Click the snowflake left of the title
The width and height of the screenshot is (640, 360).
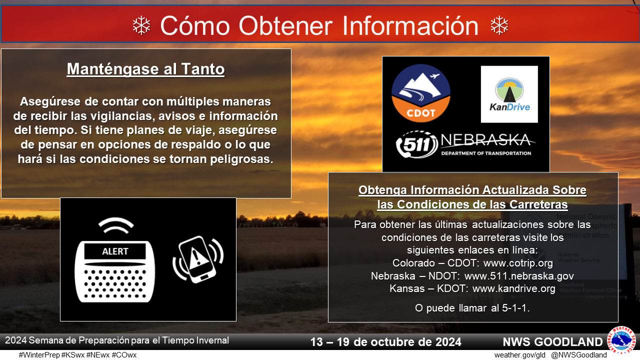(141, 25)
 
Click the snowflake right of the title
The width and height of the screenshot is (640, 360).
(499, 25)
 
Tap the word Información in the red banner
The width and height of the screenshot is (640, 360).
(410, 26)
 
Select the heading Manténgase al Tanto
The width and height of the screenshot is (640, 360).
(145, 69)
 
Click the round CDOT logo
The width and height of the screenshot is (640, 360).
(421, 93)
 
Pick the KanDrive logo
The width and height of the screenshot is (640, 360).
(509, 94)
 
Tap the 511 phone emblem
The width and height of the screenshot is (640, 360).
(417, 144)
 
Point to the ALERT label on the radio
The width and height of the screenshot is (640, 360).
(115, 251)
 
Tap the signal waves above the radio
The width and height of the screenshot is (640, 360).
(116, 225)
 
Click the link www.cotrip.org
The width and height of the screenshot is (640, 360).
(518, 263)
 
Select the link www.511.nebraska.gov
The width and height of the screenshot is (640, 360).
(519, 276)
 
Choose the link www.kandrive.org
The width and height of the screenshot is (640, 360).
(514, 288)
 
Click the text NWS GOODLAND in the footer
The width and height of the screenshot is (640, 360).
(552, 342)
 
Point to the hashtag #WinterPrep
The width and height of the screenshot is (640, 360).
(39, 355)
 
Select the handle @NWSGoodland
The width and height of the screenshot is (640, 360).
(579, 355)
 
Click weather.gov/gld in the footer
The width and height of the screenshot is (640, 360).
(519, 355)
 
